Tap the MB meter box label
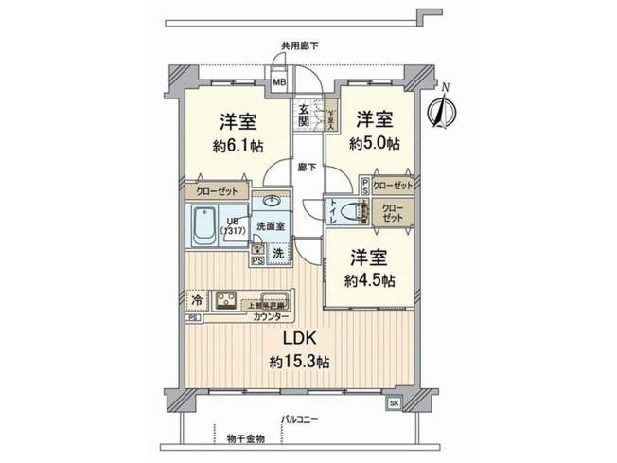279,82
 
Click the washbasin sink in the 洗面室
272,201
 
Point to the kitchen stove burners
228,301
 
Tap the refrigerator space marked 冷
196,300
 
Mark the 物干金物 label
246,437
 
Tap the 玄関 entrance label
304,116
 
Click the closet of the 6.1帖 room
217,189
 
